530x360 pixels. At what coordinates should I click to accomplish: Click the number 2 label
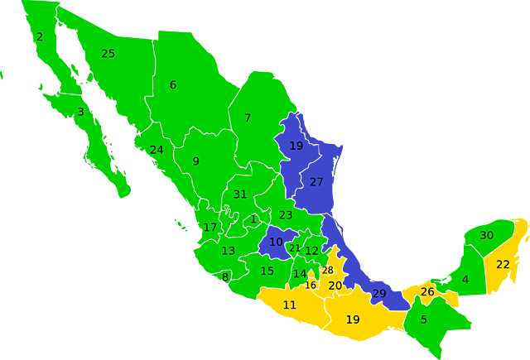(39, 36)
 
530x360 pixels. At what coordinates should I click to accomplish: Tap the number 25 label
(108, 54)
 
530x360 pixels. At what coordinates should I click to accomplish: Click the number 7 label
(248, 118)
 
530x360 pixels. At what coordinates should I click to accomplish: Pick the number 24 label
(157, 150)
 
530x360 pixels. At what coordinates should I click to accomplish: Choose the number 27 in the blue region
(316, 182)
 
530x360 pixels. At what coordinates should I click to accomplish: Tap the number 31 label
(240, 194)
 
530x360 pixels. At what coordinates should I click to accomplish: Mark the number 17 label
(210, 228)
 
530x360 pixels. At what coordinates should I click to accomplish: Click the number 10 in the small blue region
(276, 242)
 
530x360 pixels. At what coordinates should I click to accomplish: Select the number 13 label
(229, 251)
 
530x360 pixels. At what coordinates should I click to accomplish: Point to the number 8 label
(225, 277)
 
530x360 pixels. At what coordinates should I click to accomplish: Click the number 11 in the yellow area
(290, 305)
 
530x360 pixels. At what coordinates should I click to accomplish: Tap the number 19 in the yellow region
(353, 319)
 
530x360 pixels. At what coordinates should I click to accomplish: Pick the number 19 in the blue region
(296, 146)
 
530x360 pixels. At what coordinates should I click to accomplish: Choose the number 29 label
(379, 294)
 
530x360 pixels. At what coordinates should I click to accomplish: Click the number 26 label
(427, 292)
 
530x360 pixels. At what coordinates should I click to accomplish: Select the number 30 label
(487, 236)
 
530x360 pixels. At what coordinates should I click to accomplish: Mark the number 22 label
(503, 265)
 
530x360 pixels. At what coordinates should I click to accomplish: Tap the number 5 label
(424, 320)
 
